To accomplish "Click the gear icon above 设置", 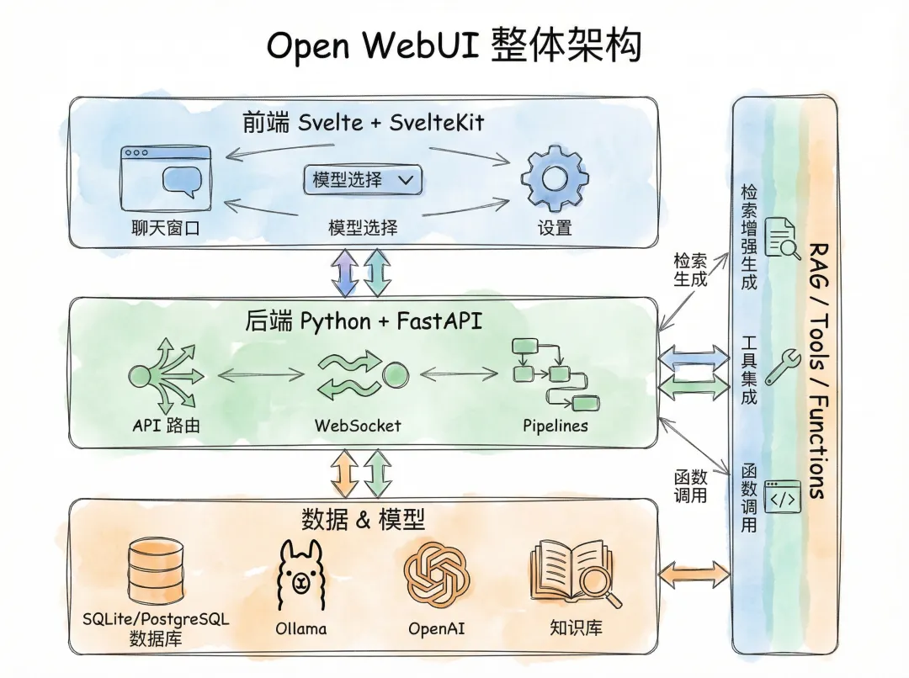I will click(555, 178).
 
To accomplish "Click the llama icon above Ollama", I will click(300, 575).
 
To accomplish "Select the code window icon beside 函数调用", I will click(782, 496).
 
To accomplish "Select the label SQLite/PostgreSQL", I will click(156, 619).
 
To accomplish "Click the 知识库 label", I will click(576, 628).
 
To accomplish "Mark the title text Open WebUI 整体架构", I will click(454, 45).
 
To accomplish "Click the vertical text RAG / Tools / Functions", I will click(816, 370).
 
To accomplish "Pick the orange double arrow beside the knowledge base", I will click(694, 575).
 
